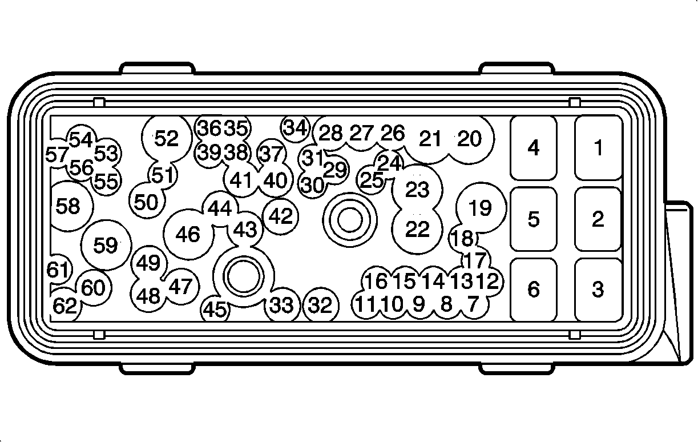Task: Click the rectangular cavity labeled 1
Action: click(x=598, y=148)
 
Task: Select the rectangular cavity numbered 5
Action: click(x=533, y=219)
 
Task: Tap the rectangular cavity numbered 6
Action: click(x=533, y=289)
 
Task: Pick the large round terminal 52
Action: click(x=167, y=138)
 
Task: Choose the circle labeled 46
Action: click(x=188, y=234)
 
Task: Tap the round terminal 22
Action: click(x=417, y=230)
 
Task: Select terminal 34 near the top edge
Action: click(x=296, y=128)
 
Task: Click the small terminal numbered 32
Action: click(x=320, y=306)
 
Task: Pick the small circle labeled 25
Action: click(x=372, y=180)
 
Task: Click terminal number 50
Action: click(x=146, y=202)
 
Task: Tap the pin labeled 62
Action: click(x=65, y=307)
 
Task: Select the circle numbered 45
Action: click(x=216, y=310)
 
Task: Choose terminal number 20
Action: click(x=470, y=139)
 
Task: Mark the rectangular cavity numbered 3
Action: click(x=598, y=289)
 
